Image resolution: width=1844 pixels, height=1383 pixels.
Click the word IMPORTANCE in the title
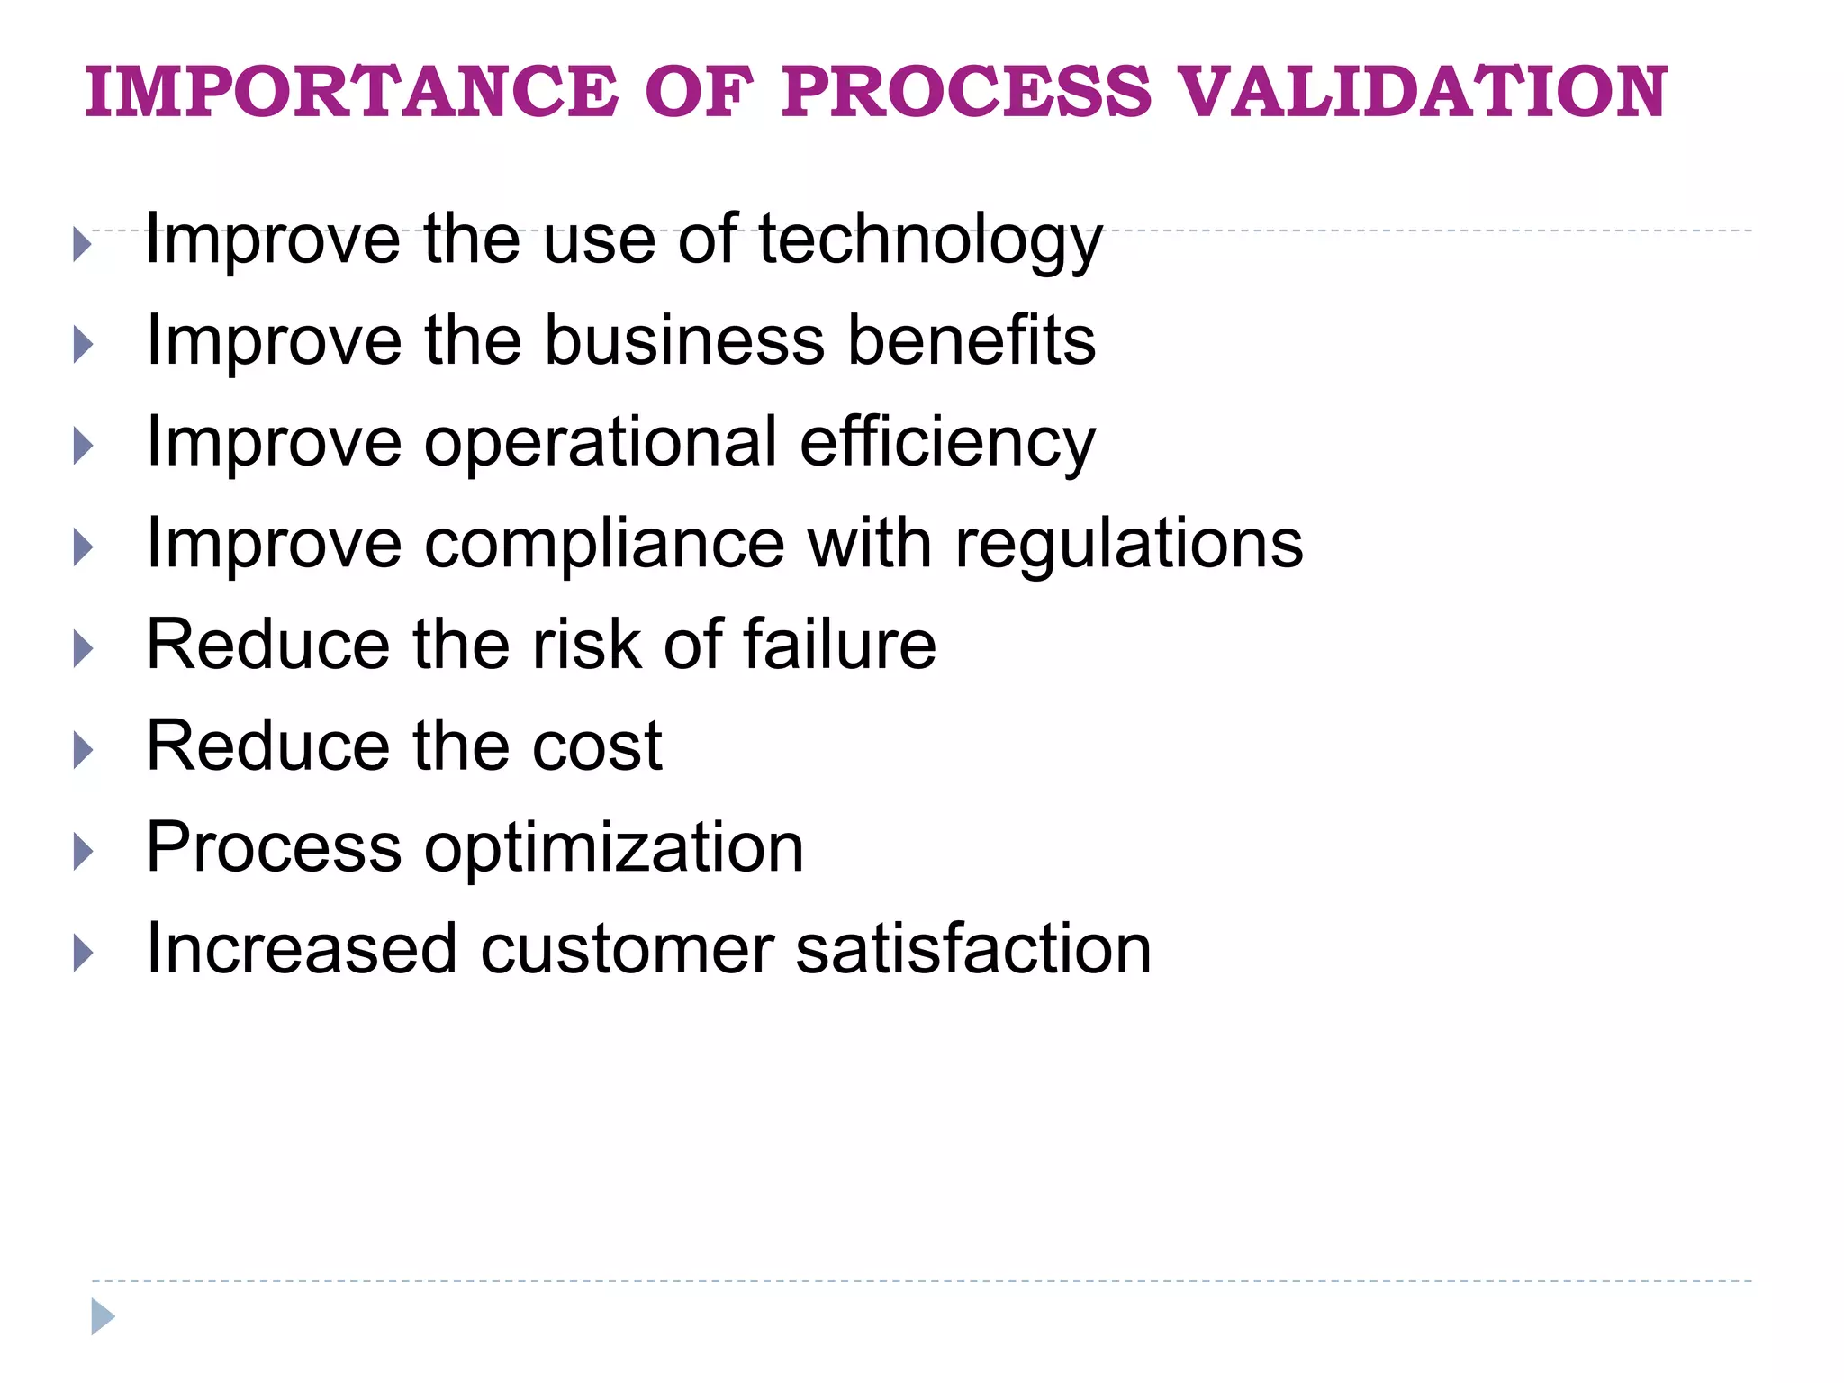click(351, 92)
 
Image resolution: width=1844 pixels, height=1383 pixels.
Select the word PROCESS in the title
click(966, 92)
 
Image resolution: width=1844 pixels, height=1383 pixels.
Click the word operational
click(601, 442)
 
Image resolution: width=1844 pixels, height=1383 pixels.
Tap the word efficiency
click(947, 444)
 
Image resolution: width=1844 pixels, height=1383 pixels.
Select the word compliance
click(604, 545)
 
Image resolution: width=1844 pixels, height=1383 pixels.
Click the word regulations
click(1129, 545)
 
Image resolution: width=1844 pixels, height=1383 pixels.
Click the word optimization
click(613, 849)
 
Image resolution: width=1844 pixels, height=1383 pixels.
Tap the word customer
click(627, 950)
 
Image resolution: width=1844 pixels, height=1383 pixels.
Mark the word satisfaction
click(973, 950)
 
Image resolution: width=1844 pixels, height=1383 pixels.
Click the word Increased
click(302, 950)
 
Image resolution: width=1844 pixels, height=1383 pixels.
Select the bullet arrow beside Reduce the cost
click(83, 750)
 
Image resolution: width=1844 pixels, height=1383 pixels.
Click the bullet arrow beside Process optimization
click(83, 852)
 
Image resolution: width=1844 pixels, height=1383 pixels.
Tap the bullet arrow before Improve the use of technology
click(83, 244)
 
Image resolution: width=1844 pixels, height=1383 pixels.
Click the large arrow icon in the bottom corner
click(103, 1316)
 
